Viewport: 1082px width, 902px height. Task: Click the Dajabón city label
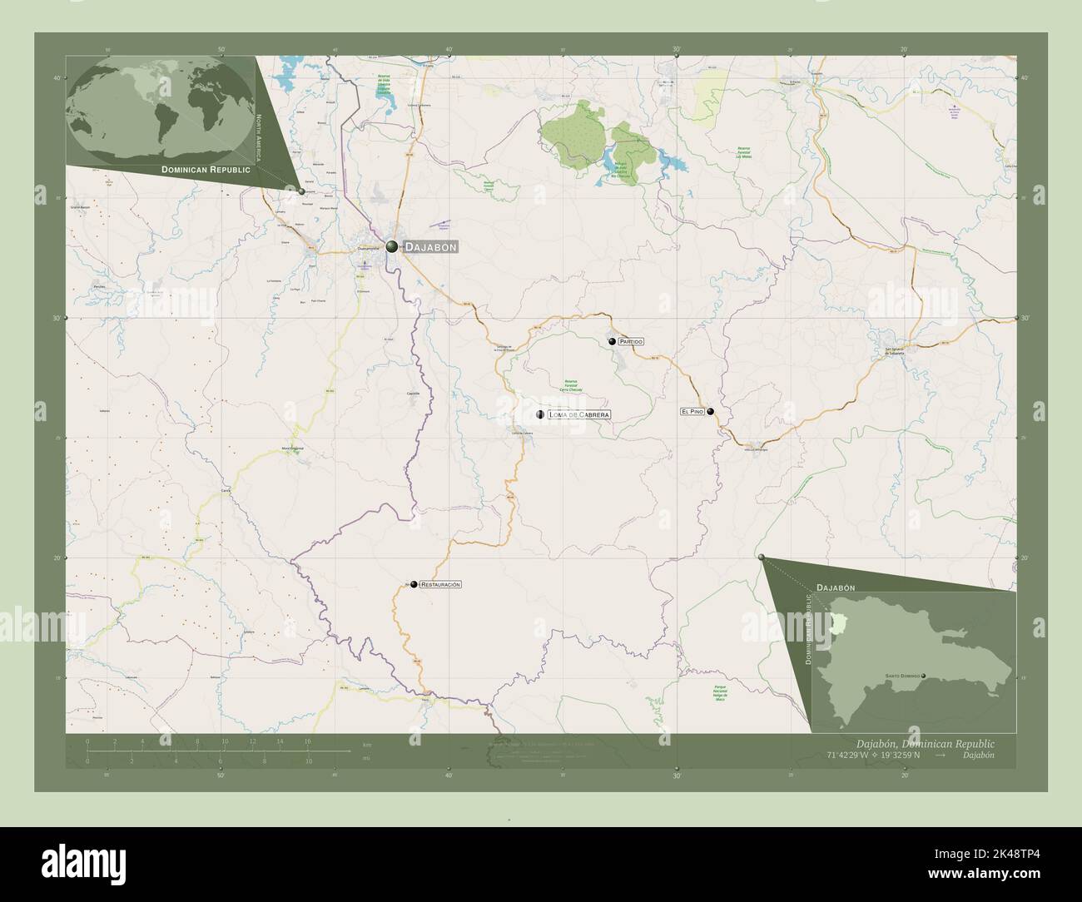click(x=430, y=247)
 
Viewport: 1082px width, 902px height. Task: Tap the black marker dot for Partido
click(x=612, y=341)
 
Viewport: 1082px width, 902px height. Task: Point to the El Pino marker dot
click(x=711, y=411)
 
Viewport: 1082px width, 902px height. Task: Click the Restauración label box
click(x=441, y=585)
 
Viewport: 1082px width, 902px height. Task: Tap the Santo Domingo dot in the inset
click(x=924, y=676)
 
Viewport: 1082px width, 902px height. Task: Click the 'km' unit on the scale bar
click(x=367, y=743)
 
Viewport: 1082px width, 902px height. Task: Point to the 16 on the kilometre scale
click(x=307, y=741)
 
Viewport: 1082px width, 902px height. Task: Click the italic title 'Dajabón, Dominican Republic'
click(x=924, y=742)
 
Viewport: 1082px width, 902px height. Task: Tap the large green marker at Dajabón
click(x=391, y=246)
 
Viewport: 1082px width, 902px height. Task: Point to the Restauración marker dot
click(x=414, y=585)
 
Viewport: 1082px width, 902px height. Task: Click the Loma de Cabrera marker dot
click(x=540, y=414)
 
